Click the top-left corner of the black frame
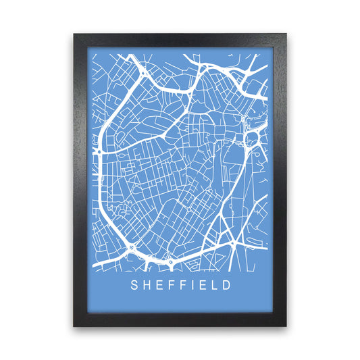[74, 32]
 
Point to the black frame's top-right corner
[286, 32]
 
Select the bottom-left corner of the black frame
[74, 327]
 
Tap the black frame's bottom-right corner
[286, 327]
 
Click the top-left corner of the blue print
[93, 51]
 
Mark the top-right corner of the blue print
[267, 51]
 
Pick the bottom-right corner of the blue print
[267, 307]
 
